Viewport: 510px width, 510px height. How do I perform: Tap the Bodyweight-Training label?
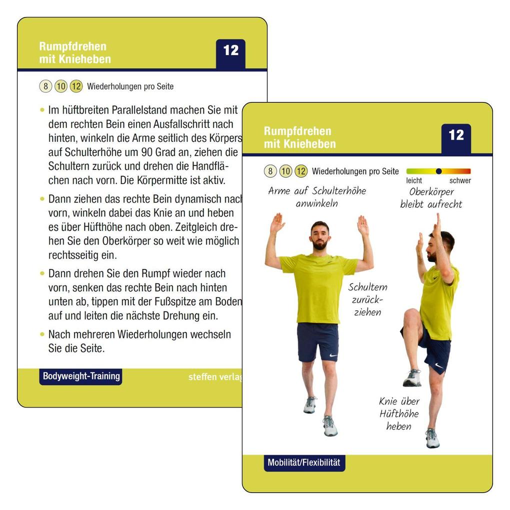pyautogui.click(x=81, y=376)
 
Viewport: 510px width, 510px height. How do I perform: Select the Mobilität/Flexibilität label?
pyautogui.click(x=304, y=462)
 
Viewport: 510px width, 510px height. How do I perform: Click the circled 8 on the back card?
pyautogui.click(x=45, y=86)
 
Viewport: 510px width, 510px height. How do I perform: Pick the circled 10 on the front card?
pyautogui.click(x=285, y=171)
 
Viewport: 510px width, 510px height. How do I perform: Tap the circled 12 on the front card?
pyautogui.click(x=300, y=171)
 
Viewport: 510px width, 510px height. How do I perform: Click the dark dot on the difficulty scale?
pyautogui.click(x=438, y=171)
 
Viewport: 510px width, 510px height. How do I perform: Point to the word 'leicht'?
pyautogui.click(x=414, y=180)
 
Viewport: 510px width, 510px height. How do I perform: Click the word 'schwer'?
pyautogui.click(x=460, y=180)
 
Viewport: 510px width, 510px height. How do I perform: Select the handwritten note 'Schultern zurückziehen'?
pyautogui.click(x=368, y=299)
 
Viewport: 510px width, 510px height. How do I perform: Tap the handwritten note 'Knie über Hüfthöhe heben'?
pyautogui.click(x=398, y=413)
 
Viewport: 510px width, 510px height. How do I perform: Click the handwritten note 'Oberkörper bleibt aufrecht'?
pyautogui.click(x=431, y=198)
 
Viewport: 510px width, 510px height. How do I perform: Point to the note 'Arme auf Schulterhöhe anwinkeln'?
pyautogui.click(x=317, y=197)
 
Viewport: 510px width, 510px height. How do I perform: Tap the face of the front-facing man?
pyautogui.click(x=319, y=235)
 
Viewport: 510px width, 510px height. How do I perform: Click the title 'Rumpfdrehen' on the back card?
pyautogui.click(x=73, y=46)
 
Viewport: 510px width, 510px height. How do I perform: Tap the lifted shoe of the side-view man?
pyautogui.click(x=412, y=378)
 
